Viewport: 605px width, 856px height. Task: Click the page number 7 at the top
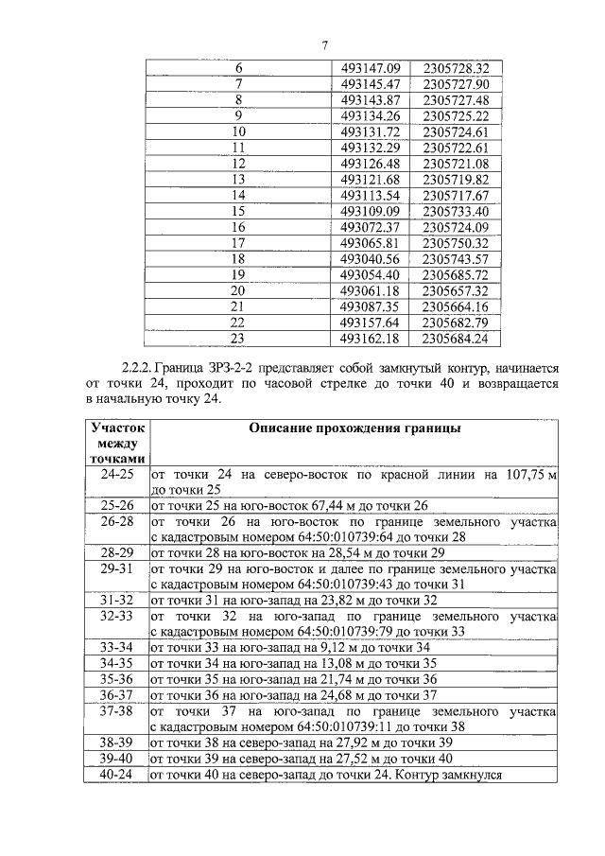click(324, 45)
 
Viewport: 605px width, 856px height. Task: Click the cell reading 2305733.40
click(456, 211)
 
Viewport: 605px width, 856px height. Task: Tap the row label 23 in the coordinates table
click(238, 338)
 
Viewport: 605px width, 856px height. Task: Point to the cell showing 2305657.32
click(456, 290)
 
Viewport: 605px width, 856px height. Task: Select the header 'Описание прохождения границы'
click(354, 428)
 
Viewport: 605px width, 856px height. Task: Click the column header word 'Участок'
click(117, 428)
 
